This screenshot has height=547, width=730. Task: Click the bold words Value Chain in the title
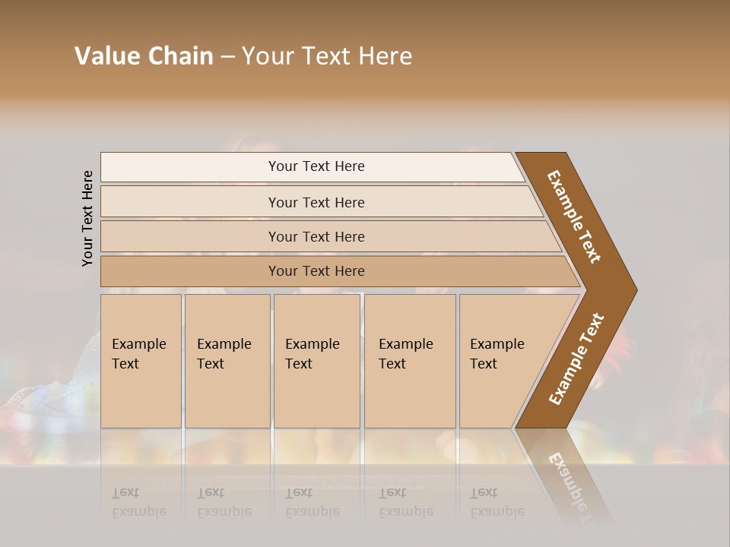(x=144, y=56)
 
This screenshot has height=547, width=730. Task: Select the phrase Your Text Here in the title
(x=327, y=56)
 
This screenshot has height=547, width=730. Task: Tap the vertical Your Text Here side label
(x=87, y=218)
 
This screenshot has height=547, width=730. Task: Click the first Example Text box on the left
(x=141, y=361)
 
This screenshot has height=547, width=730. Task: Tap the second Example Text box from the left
(x=227, y=361)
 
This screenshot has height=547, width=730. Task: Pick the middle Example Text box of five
(x=316, y=361)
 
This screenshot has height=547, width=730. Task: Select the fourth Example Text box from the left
(x=410, y=361)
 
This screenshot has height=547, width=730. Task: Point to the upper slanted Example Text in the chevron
(x=574, y=217)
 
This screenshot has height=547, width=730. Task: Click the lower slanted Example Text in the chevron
(x=576, y=359)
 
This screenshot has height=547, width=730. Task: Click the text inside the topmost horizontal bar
(x=316, y=166)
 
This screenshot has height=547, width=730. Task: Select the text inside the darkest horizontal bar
(x=316, y=271)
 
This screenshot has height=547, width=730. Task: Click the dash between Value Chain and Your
(x=227, y=57)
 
